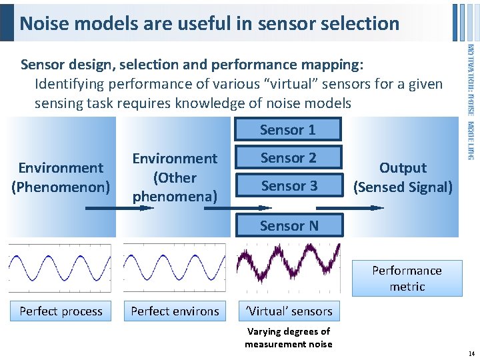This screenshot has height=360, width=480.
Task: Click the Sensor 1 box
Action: [x=288, y=129]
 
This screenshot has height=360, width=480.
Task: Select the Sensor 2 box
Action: [x=288, y=157]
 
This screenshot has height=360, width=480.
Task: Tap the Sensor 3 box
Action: [x=288, y=185]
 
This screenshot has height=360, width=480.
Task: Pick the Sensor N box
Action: [x=288, y=225]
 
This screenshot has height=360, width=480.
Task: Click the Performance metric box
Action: [x=407, y=278]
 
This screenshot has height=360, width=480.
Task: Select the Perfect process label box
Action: [x=61, y=311]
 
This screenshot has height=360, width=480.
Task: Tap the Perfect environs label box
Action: [x=175, y=311]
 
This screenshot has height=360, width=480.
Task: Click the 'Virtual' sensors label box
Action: [x=287, y=311]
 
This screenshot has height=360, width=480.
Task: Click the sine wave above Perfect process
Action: [x=60, y=268]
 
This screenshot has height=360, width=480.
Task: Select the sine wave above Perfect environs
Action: [x=175, y=268]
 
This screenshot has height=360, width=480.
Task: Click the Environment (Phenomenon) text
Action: [x=61, y=177]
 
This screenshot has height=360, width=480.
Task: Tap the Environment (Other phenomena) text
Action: [x=175, y=177]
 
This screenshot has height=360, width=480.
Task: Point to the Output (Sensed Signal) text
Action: [x=403, y=177]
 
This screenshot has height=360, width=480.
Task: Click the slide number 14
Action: [x=471, y=354]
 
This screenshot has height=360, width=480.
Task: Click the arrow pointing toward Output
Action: [x=360, y=208]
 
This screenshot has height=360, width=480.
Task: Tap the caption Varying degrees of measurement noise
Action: [x=288, y=337]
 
